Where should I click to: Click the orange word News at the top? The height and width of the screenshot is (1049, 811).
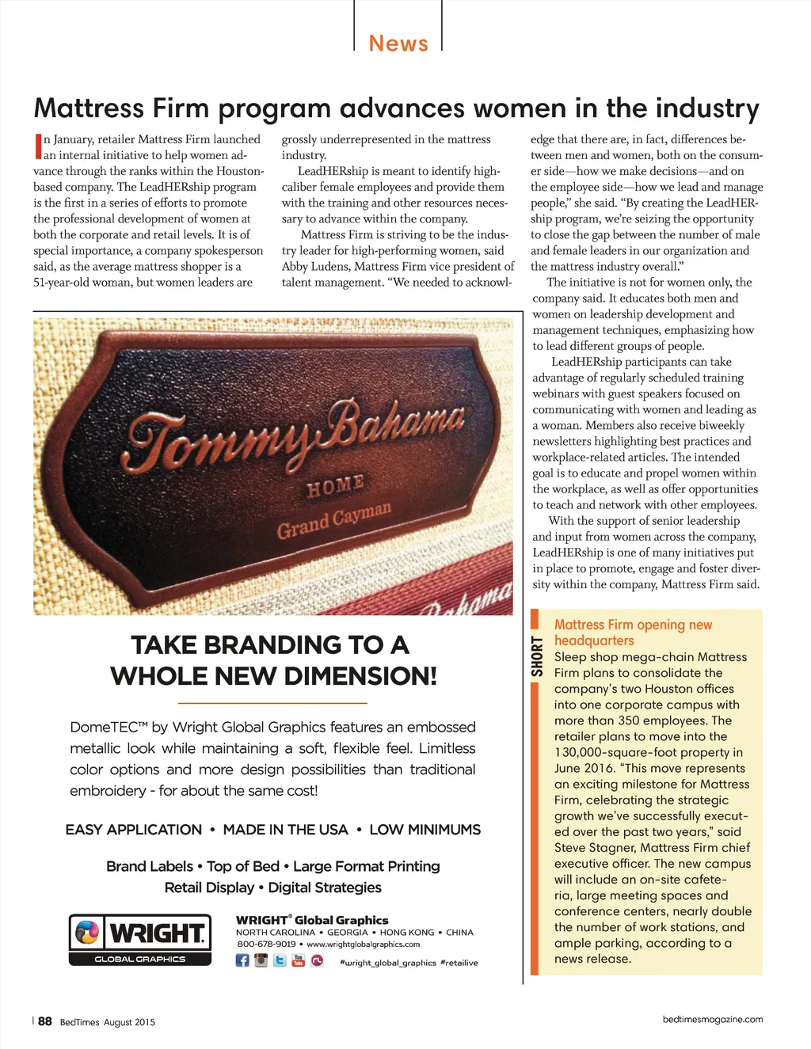coord(398,44)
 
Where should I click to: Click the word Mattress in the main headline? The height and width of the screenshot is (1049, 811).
coord(89,108)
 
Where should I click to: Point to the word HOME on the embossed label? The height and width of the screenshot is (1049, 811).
coord(335,485)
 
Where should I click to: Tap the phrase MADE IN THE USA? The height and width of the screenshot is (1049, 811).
coord(285,830)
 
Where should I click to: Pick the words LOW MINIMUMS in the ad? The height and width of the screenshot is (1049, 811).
coord(425,830)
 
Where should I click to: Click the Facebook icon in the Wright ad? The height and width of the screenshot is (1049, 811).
coord(242,960)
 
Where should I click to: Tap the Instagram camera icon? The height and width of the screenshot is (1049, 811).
coord(261,960)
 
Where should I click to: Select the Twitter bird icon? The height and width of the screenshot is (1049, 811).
coord(280,960)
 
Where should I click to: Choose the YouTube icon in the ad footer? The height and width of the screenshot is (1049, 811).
coord(299,960)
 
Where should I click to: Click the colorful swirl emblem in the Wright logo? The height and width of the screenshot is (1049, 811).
coord(87,933)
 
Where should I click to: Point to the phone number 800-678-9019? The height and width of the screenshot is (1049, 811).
coord(266,944)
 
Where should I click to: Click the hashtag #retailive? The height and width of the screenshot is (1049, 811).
coord(459,963)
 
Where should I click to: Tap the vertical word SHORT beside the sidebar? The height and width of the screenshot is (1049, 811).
coord(538,656)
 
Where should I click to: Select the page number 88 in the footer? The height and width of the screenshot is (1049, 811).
coord(45,1021)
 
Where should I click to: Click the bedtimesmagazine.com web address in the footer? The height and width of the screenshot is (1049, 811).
coord(713,1019)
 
